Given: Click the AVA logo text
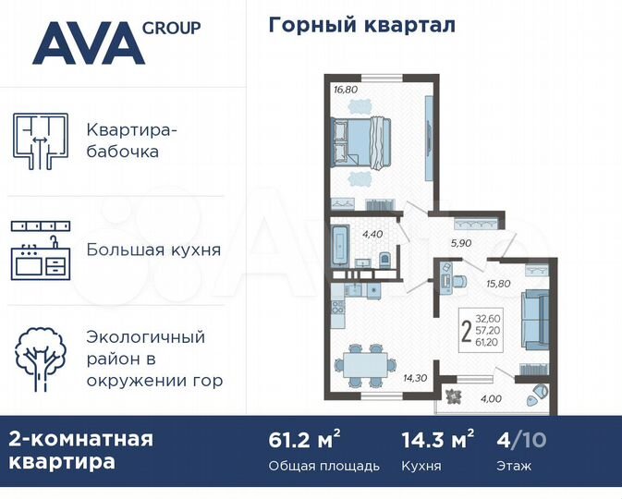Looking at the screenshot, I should click(x=88, y=43).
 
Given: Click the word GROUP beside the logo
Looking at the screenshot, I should click(x=171, y=27).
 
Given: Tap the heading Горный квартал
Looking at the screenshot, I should click(x=362, y=25).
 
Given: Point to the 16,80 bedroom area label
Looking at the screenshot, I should click(x=344, y=91).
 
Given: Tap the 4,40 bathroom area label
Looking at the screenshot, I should click(x=373, y=233).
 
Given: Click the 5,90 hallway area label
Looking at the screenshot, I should click(x=461, y=244).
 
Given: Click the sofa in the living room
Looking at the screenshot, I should click(x=535, y=318).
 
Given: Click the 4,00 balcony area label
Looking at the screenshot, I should click(x=493, y=399).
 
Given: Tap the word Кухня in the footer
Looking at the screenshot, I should click(x=421, y=466).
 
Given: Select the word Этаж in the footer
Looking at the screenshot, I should click(x=513, y=466).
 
